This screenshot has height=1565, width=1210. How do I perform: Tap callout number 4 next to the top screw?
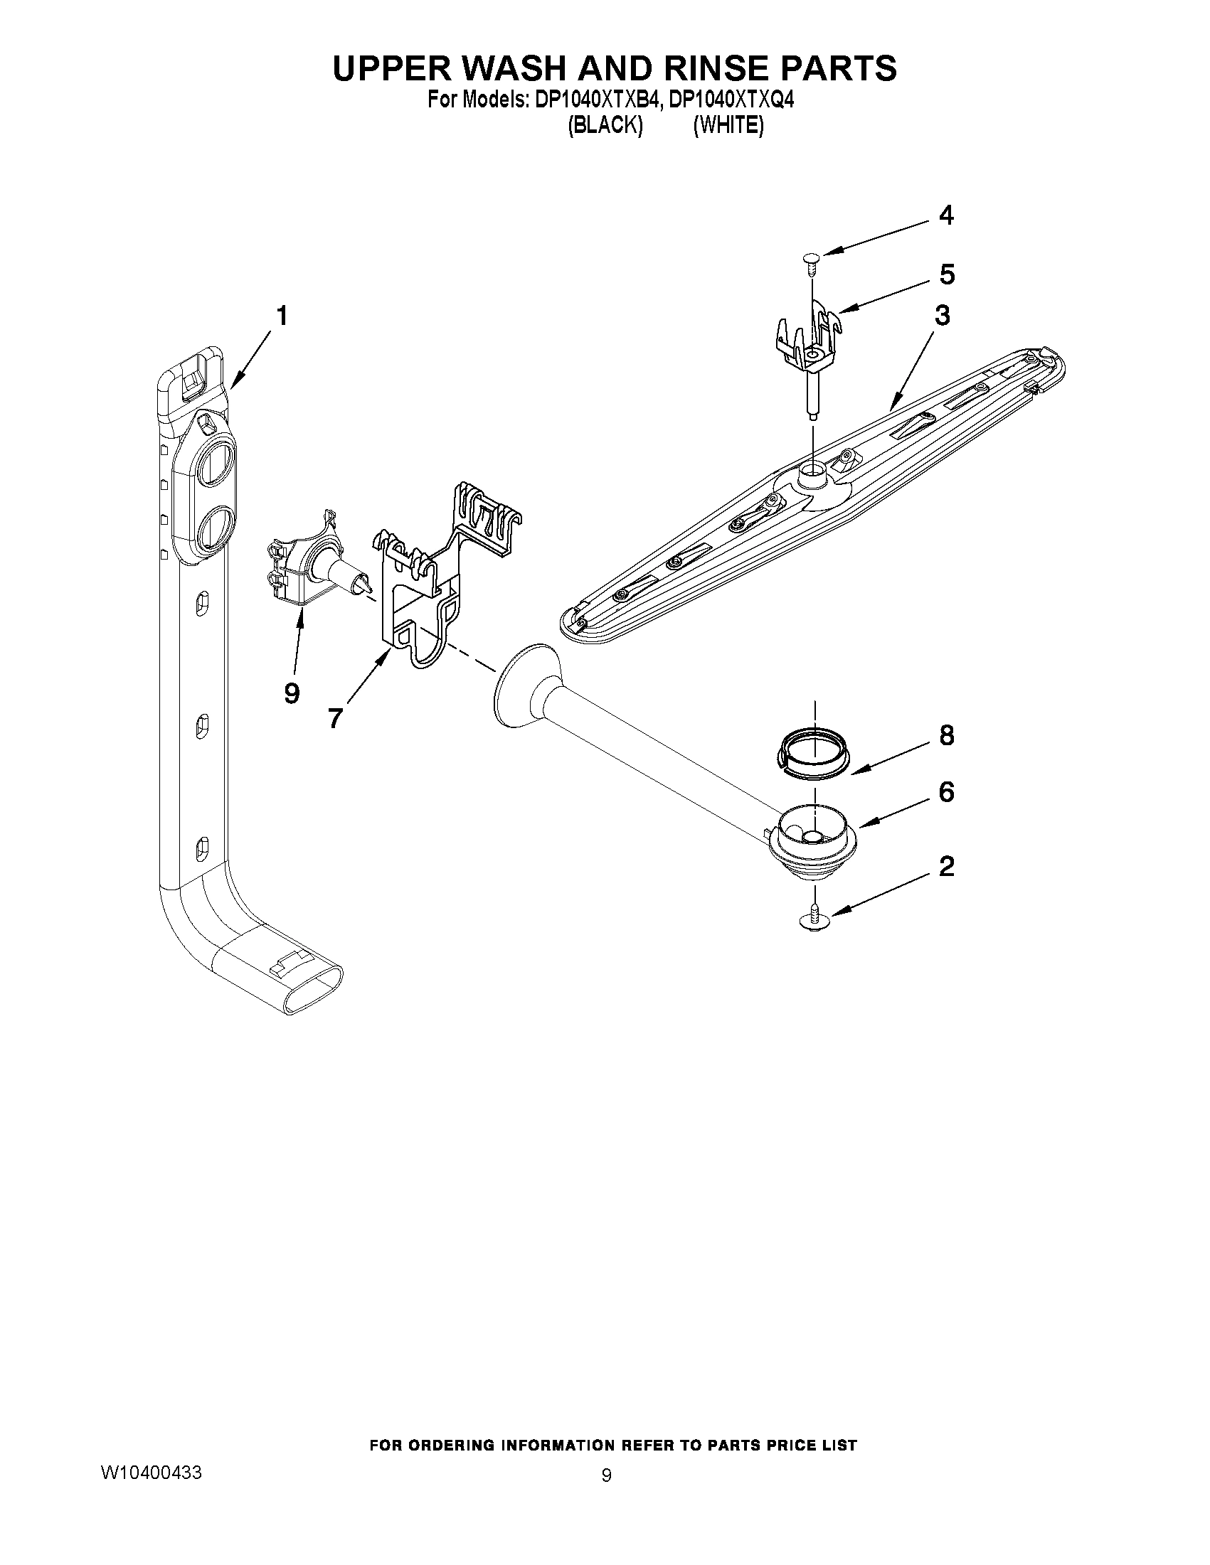click(x=946, y=215)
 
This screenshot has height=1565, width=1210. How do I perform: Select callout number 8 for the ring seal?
click(x=947, y=735)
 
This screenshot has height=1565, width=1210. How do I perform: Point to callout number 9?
click(x=291, y=693)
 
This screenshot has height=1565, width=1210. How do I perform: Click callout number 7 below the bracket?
click(x=336, y=717)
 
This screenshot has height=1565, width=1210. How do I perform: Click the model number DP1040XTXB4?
click(x=595, y=101)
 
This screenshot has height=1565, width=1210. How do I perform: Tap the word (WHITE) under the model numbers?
click(x=728, y=126)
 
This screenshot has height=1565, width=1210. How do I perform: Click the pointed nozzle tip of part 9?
click(x=368, y=586)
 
